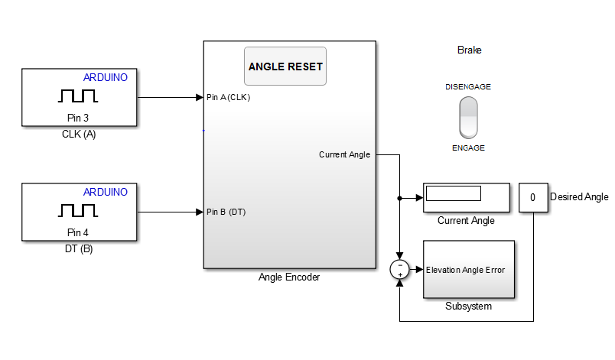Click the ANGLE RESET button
coord(285,66)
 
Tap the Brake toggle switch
coord(468,117)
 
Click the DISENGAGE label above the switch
coord(468,87)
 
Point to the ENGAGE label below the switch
coord(468,148)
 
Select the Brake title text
coord(469,50)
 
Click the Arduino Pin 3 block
coord(80,97)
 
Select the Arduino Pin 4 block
coord(80,212)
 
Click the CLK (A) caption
coord(79,135)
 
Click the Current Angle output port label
coord(344,155)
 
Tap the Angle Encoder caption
coord(289,277)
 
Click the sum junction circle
coord(400,269)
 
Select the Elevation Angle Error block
coord(469,269)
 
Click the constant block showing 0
coord(532,198)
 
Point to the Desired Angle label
coord(579,197)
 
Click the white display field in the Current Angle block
coord(453,193)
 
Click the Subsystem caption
coord(468,306)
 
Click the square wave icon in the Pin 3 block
coord(79,96)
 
